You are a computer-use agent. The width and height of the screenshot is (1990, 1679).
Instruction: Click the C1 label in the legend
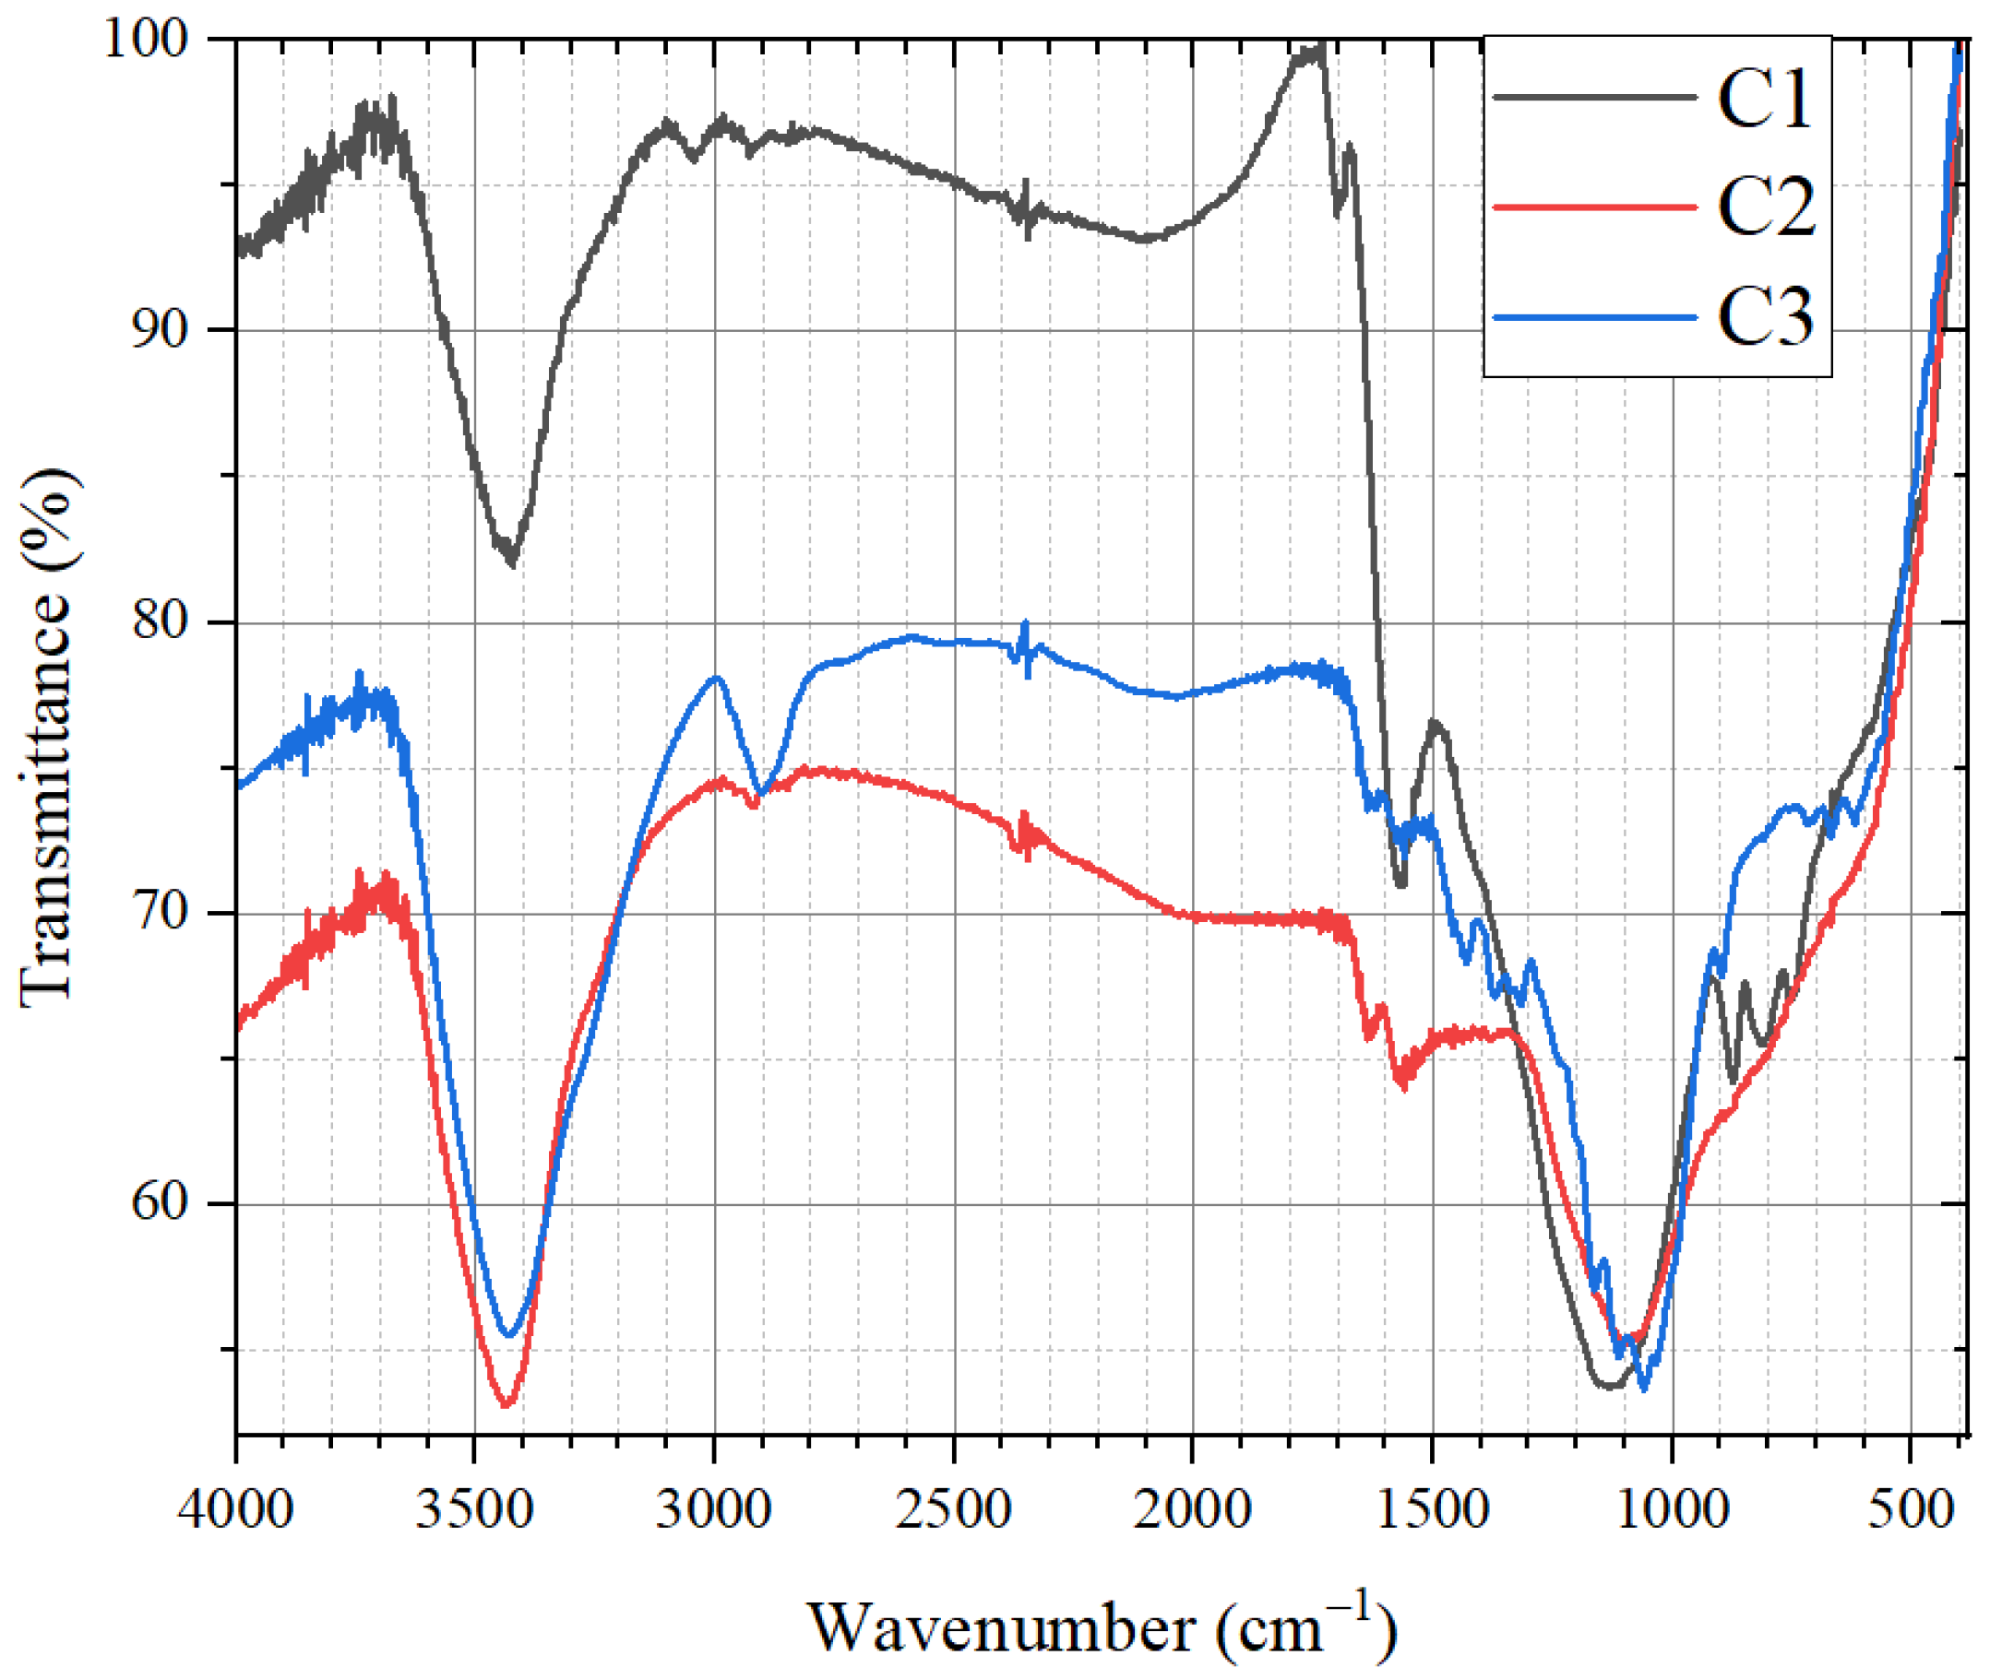tap(1763, 99)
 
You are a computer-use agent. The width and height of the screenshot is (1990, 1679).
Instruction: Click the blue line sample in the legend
tap(1595, 317)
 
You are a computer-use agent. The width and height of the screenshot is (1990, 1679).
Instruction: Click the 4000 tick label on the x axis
tap(235, 1510)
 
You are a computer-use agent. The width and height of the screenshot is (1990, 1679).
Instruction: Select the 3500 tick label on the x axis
tap(474, 1510)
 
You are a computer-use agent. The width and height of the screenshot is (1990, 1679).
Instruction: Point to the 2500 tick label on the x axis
tap(953, 1510)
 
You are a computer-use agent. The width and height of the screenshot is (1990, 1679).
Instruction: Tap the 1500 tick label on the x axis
tap(1432, 1510)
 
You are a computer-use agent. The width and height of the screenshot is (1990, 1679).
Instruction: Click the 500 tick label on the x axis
tap(1910, 1510)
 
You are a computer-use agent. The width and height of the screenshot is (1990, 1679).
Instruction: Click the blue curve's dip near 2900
tap(759, 793)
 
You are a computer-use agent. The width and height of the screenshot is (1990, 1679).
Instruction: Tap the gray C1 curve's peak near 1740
tap(1318, 48)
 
